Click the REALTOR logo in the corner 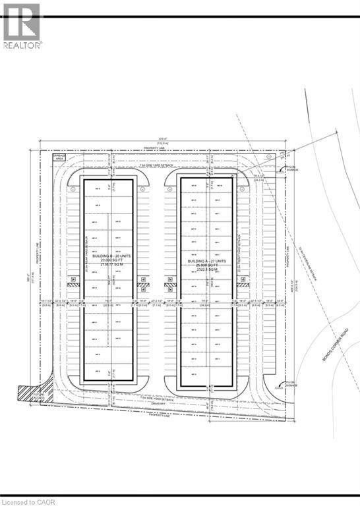(21, 25)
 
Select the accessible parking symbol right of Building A (242, 285)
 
